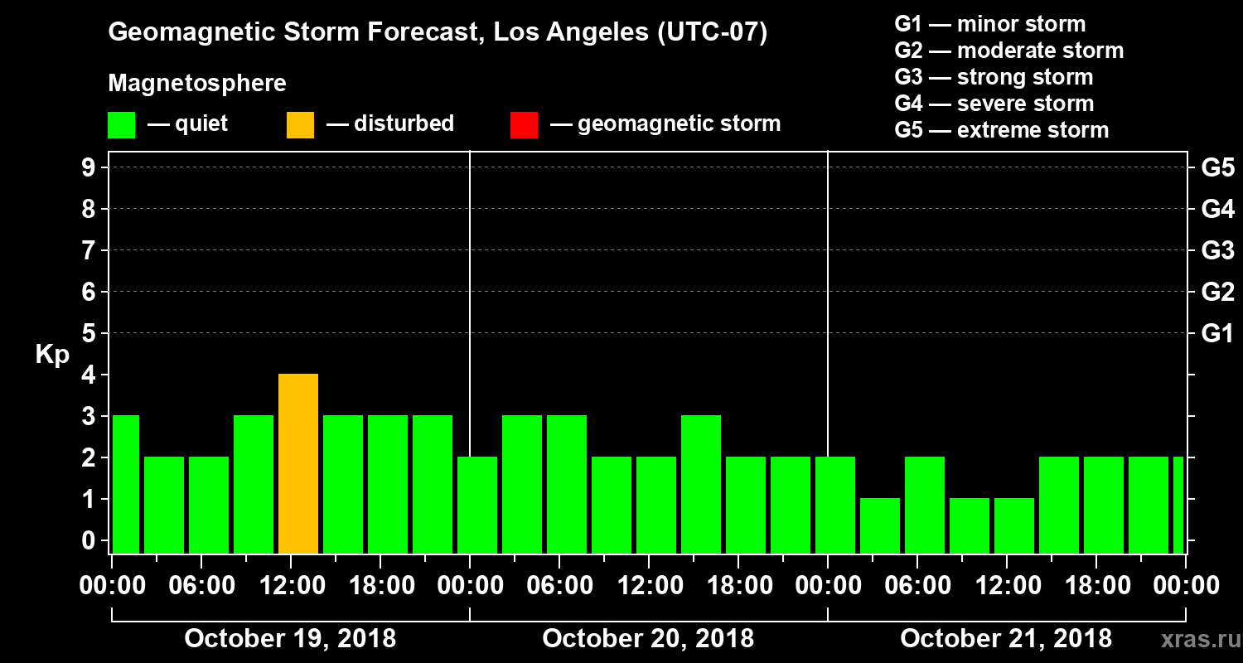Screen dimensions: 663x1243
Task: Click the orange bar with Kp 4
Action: tap(298, 463)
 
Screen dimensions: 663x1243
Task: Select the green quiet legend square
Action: tap(121, 124)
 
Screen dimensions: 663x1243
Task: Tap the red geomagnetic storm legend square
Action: tap(524, 124)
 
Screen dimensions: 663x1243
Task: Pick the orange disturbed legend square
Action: tap(300, 124)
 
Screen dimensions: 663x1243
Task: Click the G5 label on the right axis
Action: tap(1217, 167)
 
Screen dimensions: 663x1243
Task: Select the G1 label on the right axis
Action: tap(1217, 333)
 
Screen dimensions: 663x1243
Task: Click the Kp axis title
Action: tap(52, 354)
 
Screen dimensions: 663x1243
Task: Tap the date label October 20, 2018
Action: tap(648, 638)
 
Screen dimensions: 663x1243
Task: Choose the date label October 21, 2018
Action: tap(1006, 638)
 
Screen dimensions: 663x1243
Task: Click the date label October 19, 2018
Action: tap(290, 638)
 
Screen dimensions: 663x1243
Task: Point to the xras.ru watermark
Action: tap(1194, 639)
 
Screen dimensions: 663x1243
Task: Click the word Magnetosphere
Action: tap(197, 84)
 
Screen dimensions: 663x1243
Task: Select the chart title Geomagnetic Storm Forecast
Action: tap(438, 33)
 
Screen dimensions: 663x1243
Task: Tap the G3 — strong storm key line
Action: tap(994, 77)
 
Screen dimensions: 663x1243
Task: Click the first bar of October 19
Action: tap(125, 484)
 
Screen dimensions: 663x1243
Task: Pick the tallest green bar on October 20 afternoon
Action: tap(701, 484)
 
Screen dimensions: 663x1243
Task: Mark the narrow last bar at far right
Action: tap(1178, 505)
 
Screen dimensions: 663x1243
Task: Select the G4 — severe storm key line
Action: tap(994, 104)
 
